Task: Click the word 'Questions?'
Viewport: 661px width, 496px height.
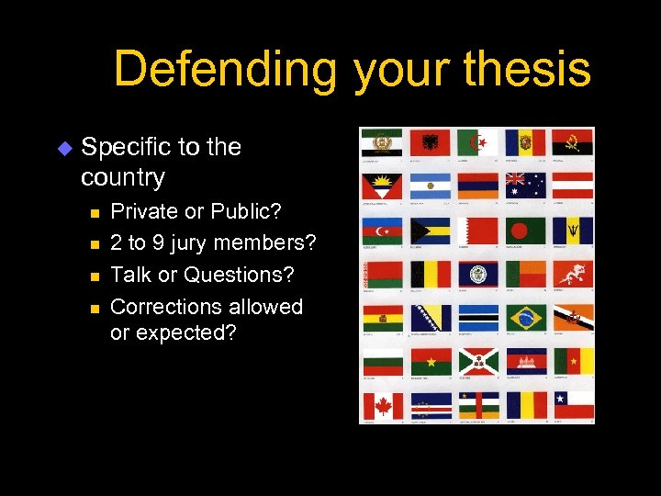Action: [x=240, y=275]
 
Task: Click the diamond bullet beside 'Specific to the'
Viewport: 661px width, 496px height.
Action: [x=63, y=147]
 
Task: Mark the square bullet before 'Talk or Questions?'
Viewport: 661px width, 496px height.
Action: [x=94, y=276]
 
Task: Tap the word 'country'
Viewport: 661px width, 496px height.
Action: [x=123, y=176]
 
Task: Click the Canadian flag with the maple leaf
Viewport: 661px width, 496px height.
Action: [x=382, y=405]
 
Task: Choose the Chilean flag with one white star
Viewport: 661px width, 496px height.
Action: [x=572, y=405]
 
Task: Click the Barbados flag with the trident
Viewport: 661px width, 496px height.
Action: [x=572, y=230]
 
